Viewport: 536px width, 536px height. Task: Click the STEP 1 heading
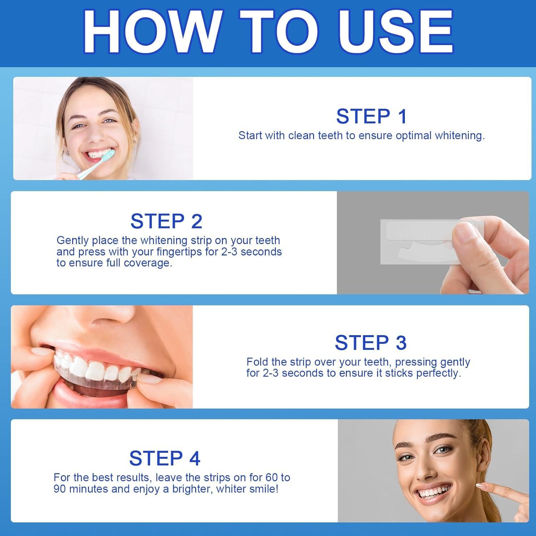coord(371,116)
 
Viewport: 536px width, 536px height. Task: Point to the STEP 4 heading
coord(165,458)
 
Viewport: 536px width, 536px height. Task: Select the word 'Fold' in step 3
coord(258,362)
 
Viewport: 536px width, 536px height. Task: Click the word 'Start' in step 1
coord(250,135)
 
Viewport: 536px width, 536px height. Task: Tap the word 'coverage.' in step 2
coord(147,263)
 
